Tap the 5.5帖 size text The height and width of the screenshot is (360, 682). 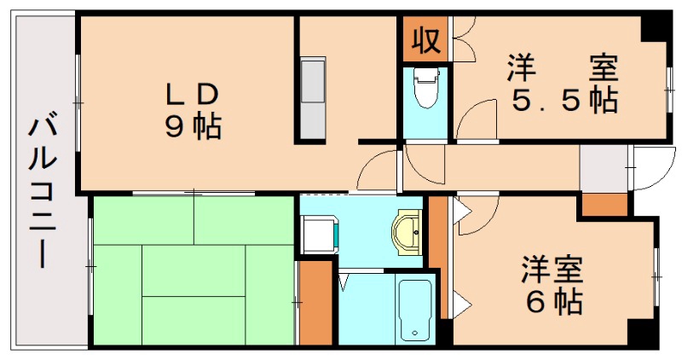(x=564, y=102)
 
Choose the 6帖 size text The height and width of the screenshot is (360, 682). (x=552, y=301)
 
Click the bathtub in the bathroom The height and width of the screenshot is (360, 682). (x=416, y=307)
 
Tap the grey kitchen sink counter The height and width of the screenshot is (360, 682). (x=313, y=97)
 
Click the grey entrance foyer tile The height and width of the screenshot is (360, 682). (x=603, y=170)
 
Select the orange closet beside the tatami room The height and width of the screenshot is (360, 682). (x=315, y=302)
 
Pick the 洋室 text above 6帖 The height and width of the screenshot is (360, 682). (x=552, y=270)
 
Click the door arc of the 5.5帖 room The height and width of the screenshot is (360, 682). (x=477, y=119)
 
